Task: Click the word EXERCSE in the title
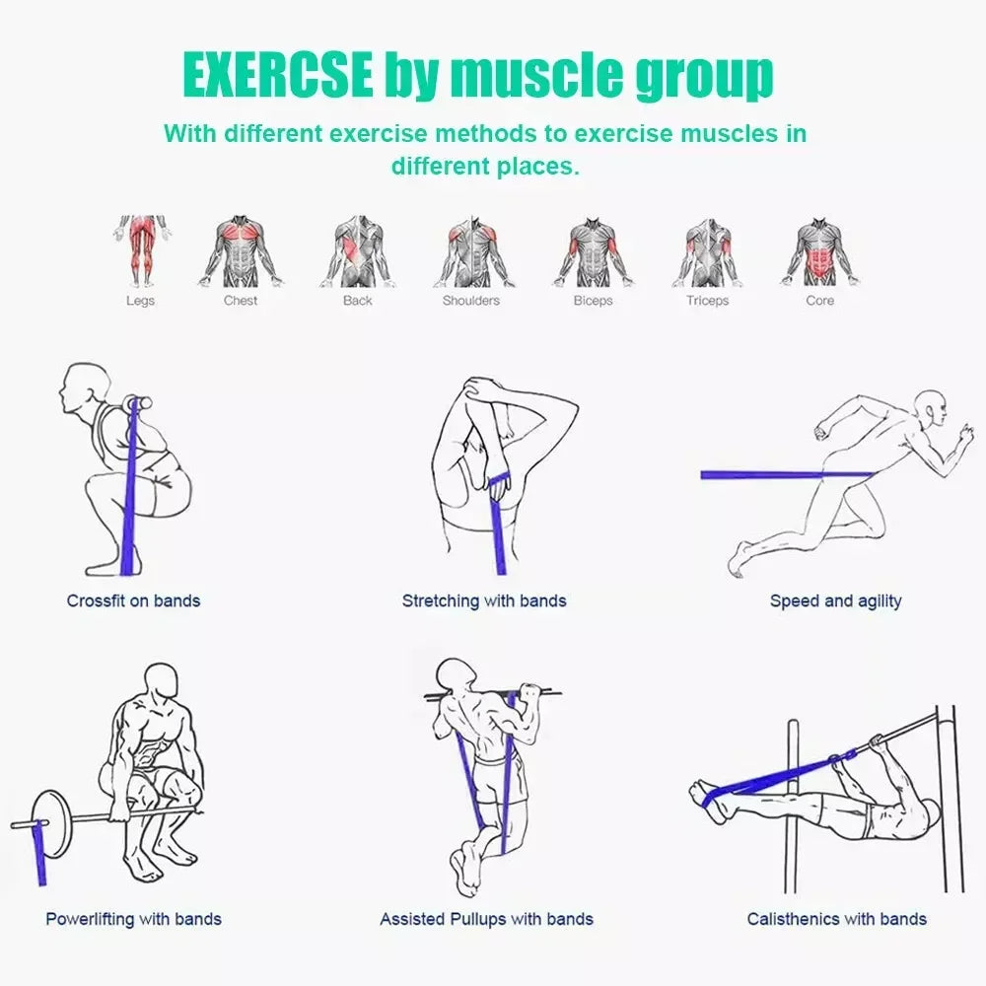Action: click(x=278, y=75)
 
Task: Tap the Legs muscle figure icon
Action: click(x=140, y=250)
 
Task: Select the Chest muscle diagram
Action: click(x=241, y=250)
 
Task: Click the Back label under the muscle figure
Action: click(x=357, y=301)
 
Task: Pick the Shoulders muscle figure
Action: click(x=470, y=250)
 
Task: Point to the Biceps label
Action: click(x=593, y=301)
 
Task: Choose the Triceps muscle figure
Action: click(x=707, y=250)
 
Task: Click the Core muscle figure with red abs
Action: click(x=819, y=250)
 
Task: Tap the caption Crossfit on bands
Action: click(x=133, y=600)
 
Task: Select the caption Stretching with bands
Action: click(x=484, y=600)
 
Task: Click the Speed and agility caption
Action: click(x=835, y=600)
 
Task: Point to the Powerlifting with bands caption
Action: click(x=133, y=919)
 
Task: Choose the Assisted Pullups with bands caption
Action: click(x=486, y=919)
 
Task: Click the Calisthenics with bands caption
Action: click(x=836, y=919)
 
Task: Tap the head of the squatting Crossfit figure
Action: click(x=83, y=389)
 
